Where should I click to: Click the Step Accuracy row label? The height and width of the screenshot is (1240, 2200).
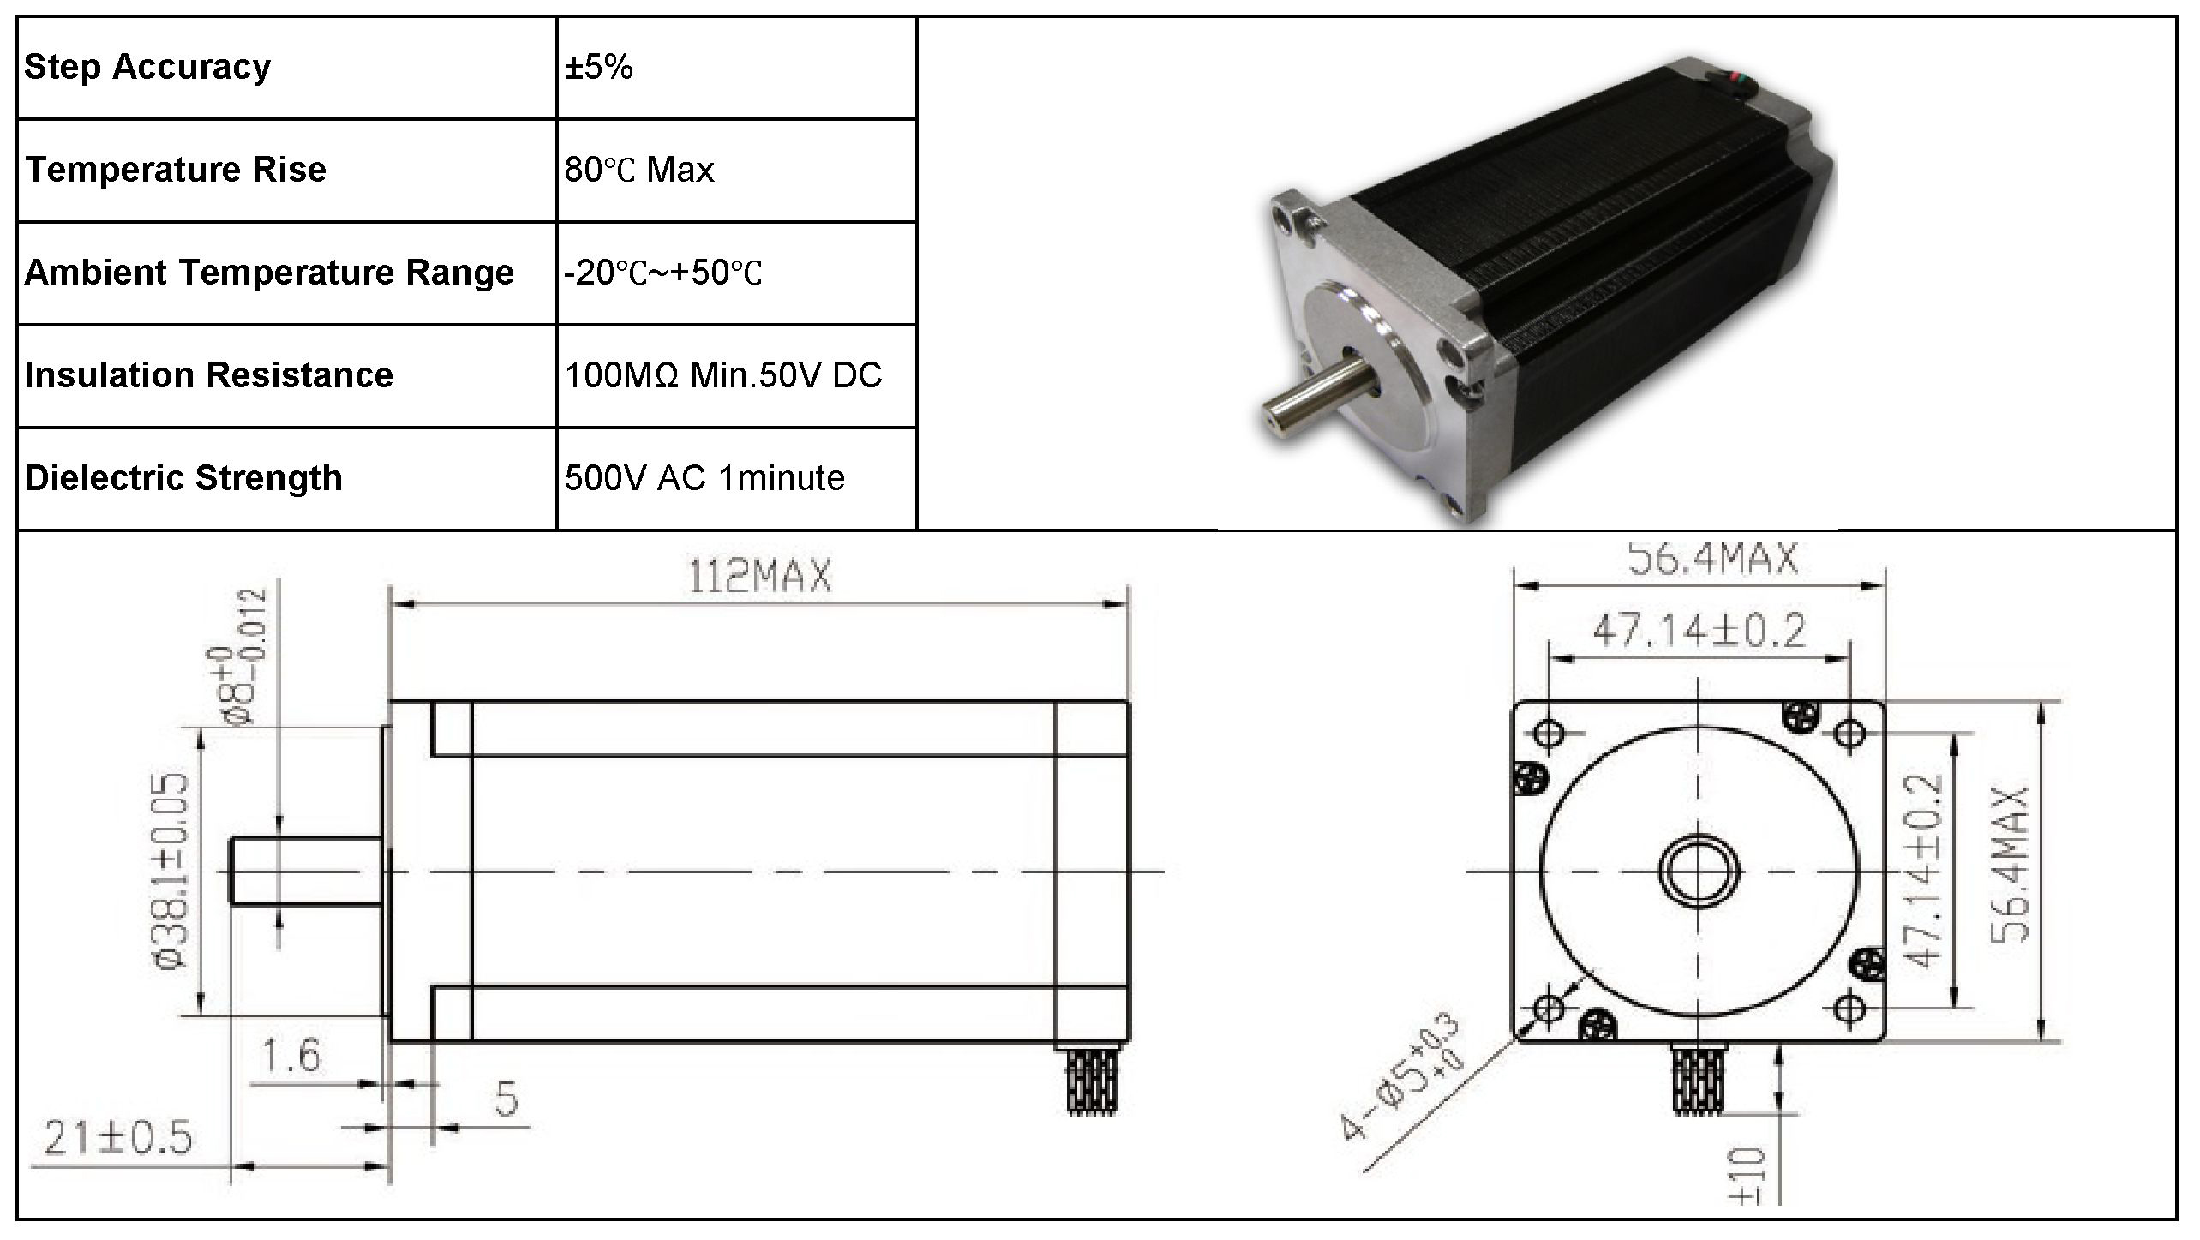[147, 67]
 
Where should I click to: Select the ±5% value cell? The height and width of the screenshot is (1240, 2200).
[598, 67]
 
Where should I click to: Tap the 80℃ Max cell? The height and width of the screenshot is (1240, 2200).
[638, 170]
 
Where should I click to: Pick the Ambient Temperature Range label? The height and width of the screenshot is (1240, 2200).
[269, 273]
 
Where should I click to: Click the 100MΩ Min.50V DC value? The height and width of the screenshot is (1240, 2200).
[722, 375]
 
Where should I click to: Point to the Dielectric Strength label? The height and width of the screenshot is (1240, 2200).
[183, 478]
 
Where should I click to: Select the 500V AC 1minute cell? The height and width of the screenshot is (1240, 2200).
[704, 478]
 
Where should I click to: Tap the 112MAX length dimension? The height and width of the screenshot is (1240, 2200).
[760, 577]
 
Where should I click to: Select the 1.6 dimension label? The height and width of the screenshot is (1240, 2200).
[291, 1056]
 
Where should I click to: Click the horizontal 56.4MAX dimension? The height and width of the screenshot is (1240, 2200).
[1711, 560]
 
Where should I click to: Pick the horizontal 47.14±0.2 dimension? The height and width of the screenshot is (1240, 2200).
[1699, 632]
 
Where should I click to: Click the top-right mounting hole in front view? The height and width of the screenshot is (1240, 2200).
[1850, 733]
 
